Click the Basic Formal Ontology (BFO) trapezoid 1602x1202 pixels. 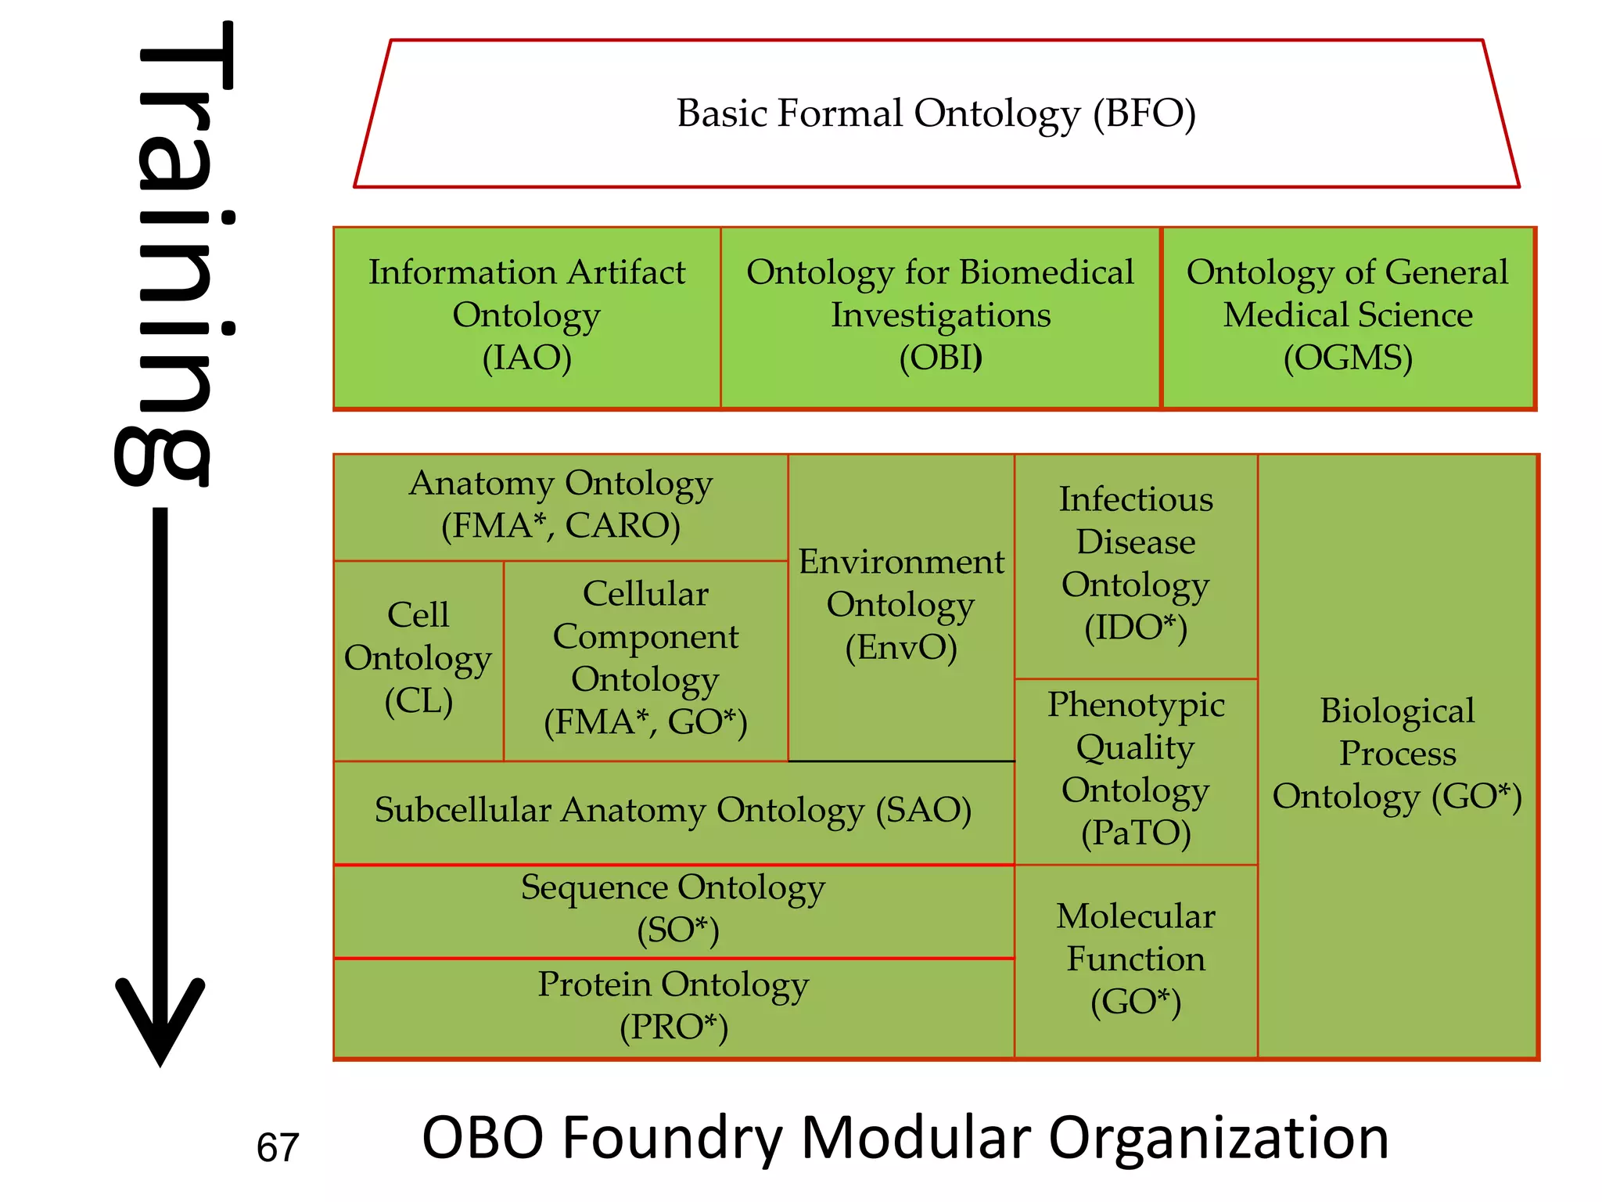(x=936, y=114)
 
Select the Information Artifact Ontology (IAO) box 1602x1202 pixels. (x=526, y=316)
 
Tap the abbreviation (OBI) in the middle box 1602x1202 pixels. (x=940, y=358)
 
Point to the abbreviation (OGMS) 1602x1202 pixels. (x=1348, y=358)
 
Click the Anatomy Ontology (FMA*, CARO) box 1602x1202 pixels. (x=560, y=506)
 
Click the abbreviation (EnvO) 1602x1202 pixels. (x=901, y=648)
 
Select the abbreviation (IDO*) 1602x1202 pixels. (x=1136, y=628)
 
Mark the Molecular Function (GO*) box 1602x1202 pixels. (x=1136, y=959)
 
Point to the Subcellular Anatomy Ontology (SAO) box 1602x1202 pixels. (x=673, y=811)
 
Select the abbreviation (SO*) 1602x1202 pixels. (x=677, y=930)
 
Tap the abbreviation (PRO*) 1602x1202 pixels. (x=673, y=1027)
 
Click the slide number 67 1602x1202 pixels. (x=278, y=1148)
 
